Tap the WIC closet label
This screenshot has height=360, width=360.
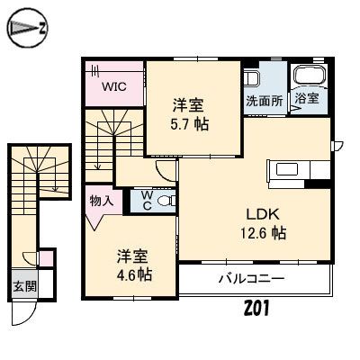[113, 87]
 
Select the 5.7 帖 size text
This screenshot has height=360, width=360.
[192, 124]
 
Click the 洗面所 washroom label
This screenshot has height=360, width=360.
[265, 102]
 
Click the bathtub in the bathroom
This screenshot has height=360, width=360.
[309, 77]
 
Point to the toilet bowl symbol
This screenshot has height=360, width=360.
[163, 202]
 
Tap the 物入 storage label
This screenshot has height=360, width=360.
[101, 201]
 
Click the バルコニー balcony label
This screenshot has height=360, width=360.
[251, 279]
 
